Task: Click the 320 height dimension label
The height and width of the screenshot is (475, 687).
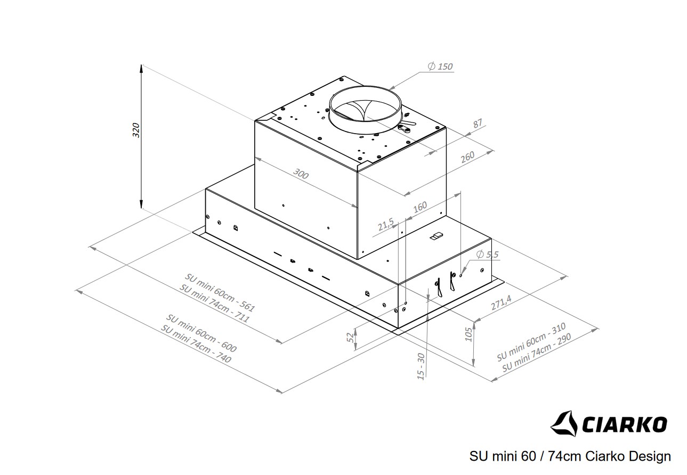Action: (x=135, y=130)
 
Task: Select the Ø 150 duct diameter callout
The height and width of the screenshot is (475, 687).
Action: (x=440, y=67)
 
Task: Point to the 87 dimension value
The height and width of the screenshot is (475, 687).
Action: (x=477, y=124)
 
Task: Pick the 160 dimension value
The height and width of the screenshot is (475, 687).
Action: (x=420, y=206)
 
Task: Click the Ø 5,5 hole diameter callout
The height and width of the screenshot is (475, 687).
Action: (x=487, y=255)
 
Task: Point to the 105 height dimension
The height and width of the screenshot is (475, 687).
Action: (x=468, y=333)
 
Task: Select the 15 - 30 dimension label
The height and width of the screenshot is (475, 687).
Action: (x=421, y=366)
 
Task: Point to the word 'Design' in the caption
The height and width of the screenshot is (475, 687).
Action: (x=650, y=456)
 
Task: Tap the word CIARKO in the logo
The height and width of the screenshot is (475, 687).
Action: (x=624, y=424)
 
